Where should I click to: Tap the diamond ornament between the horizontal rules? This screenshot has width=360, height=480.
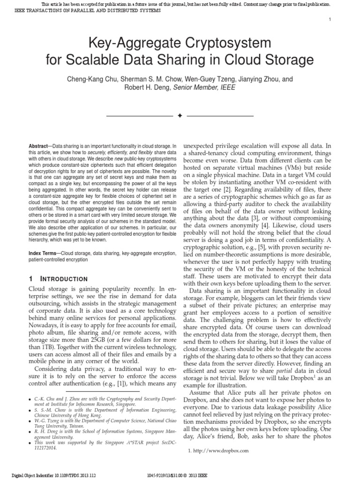click(x=180, y=115)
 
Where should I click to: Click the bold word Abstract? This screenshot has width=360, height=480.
click(x=38, y=146)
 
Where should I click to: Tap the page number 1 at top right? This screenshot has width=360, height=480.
click(x=330, y=19)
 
